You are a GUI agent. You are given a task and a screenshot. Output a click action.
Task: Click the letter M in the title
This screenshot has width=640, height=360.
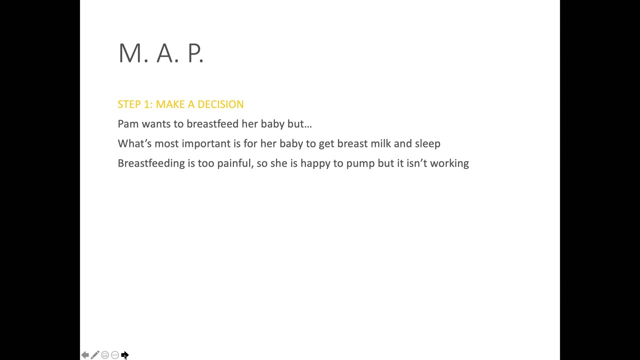pyautogui.click(x=130, y=53)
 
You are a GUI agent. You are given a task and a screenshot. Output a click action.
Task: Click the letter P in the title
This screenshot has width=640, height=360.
pyautogui.click(x=194, y=53)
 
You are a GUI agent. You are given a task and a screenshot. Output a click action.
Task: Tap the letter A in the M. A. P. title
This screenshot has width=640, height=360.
pyautogui.click(x=165, y=53)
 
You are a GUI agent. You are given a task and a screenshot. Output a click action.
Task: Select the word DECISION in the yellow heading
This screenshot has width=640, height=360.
pyautogui.click(x=220, y=104)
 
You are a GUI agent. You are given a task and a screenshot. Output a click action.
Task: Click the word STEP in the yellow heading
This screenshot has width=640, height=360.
pyautogui.click(x=129, y=104)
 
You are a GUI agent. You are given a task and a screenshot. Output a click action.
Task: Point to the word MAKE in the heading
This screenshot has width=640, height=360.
pyautogui.click(x=170, y=104)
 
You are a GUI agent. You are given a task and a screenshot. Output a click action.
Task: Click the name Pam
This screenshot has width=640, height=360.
pyautogui.click(x=128, y=124)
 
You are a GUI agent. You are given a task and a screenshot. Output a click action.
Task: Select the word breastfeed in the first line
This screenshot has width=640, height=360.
pyautogui.click(x=212, y=123)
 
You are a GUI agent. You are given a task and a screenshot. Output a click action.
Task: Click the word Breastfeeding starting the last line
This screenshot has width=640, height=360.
pyautogui.click(x=151, y=163)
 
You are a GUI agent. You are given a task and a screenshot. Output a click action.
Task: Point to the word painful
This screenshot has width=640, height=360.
pyautogui.click(x=235, y=163)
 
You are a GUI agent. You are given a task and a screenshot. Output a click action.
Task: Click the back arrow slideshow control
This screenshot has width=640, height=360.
pyautogui.click(x=85, y=355)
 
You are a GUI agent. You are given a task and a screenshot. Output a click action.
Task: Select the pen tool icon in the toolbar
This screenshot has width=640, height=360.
pyautogui.click(x=95, y=355)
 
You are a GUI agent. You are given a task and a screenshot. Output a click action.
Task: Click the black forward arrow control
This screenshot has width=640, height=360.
pyautogui.click(x=124, y=355)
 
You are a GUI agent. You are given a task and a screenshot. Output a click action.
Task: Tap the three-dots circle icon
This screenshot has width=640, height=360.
pyautogui.click(x=115, y=355)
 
